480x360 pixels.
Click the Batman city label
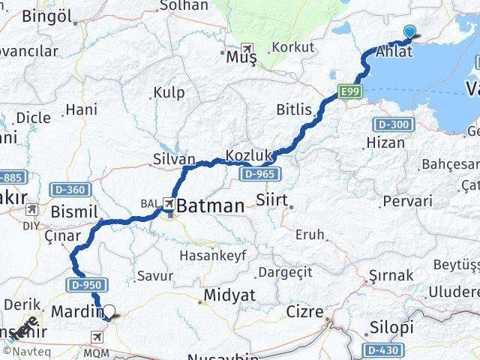click(x=210, y=205)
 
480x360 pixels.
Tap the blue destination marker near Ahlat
click(x=409, y=31)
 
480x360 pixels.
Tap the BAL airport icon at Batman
click(x=170, y=203)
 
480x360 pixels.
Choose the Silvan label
click(x=173, y=159)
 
